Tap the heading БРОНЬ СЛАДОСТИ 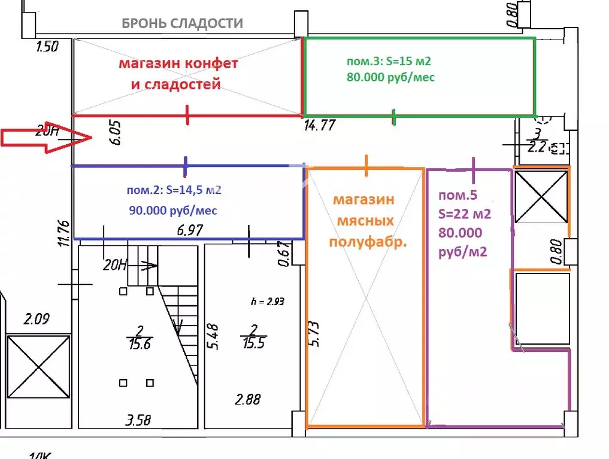(182, 24)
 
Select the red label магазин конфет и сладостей (177, 74)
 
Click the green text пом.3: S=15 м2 (389, 61)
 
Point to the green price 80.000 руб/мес (390, 77)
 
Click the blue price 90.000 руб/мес (173, 211)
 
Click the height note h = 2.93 (267, 302)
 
